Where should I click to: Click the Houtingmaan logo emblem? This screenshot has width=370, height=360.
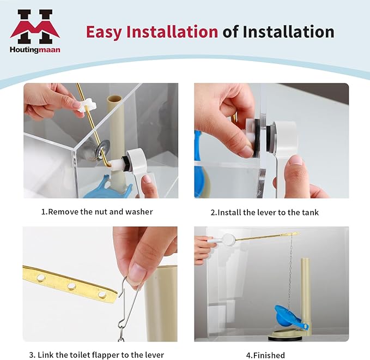(35, 27)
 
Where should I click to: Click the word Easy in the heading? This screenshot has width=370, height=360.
(104, 32)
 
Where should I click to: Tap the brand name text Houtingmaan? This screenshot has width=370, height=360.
(35, 50)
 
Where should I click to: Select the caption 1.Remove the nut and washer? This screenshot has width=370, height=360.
(97, 212)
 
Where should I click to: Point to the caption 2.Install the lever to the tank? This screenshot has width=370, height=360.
(264, 212)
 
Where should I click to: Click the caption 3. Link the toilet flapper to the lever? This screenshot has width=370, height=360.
(96, 355)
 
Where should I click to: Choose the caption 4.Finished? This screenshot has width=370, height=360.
(265, 355)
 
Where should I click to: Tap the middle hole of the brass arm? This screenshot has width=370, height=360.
(71, 286)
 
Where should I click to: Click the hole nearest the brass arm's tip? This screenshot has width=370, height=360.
(102, 295)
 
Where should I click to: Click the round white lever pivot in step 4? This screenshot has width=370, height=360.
(228, 239)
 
